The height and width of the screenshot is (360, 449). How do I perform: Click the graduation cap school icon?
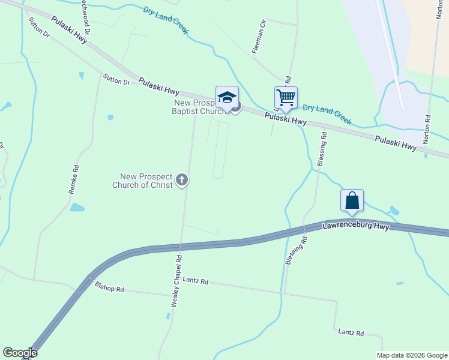click(x=227, y=97)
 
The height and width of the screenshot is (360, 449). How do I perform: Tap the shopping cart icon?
click(x=286, y=97)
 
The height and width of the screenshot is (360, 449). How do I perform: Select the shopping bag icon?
click(x=352, y=200)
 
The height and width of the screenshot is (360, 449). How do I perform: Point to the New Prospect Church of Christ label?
click(x=146, y=181)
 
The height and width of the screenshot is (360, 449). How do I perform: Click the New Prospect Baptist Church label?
click(x=198, y=106)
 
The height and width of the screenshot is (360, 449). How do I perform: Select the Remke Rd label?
click(x=74, y=179)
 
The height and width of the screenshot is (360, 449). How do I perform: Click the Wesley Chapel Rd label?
click(x=176, y=280)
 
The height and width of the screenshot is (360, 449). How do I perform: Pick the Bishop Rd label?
click(x=109, y=288)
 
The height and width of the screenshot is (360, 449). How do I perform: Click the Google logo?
click(x=20, y=353)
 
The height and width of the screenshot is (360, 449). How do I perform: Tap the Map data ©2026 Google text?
click(x=412, y=355)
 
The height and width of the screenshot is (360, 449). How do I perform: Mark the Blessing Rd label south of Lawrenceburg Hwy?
click(x=295, y=250)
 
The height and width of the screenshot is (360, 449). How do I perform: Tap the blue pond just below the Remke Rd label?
click(x=77, y=208)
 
